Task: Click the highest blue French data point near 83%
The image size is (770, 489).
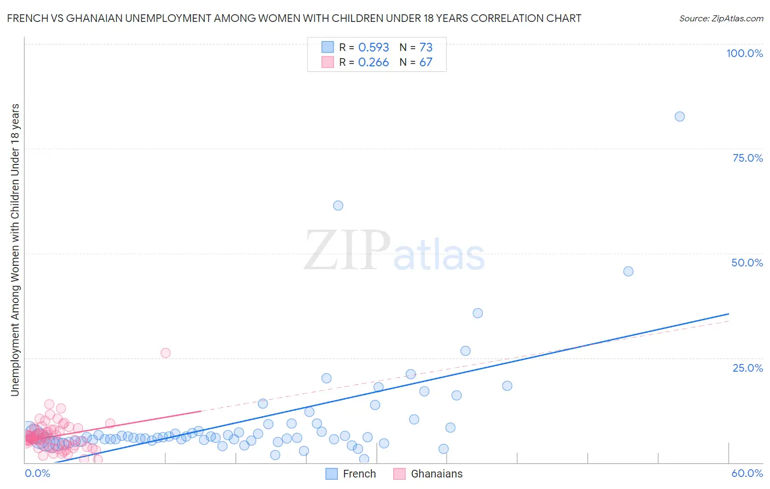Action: click(x=680, y=116)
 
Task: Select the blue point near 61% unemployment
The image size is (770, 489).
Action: click(x=338, y=206)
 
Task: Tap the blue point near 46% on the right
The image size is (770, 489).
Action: click(x=628, y=271)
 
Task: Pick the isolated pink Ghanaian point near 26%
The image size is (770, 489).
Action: click(x=165, y=353)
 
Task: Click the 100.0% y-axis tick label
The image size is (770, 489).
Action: click(x=744, y=53)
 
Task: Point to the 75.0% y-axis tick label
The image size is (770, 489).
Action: click(x=748, y=158)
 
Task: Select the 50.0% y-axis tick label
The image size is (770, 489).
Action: click(x=747, y=263)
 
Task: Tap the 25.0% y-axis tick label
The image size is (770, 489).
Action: click(x=748, y=367)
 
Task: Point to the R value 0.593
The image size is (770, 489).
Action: click(x=373, y=47)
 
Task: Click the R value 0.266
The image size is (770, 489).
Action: click(x=373, y=62)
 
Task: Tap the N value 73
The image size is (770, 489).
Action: click(x=426, y=47)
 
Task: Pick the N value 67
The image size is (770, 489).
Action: click(x=426, y=62)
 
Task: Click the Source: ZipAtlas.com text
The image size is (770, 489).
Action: click(x=721, y=18)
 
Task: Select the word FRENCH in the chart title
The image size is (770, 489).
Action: click(x=26, y=18)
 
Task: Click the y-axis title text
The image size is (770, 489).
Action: click(x=15, y=249)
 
